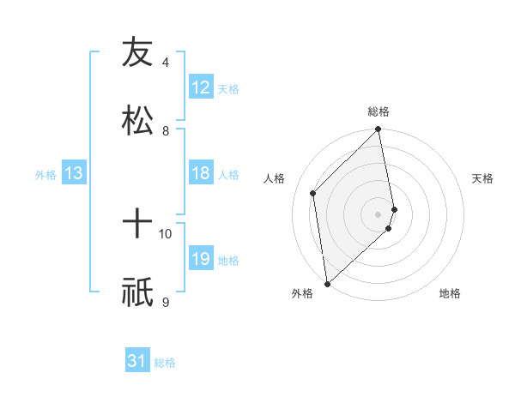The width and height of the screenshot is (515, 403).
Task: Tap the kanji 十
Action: click(x=137, y=225)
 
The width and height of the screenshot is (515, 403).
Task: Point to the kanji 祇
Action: click(x=137, y=292)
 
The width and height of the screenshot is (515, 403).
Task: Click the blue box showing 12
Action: click(x=201, y=87)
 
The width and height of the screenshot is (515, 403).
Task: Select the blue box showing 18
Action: click(x=201, y=174)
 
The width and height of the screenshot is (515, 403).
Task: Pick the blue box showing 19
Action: click(x=201, y=260)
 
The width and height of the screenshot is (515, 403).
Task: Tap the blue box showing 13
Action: click(x=74, y=174)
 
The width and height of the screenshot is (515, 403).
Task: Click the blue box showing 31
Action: click(x=137, y=362)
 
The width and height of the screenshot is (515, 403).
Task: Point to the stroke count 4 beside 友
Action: click(x=166, y=63)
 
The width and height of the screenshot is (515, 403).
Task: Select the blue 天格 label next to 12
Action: click(x=228, y=88)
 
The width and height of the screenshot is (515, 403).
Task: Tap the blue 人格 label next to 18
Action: click(x=228, y=175)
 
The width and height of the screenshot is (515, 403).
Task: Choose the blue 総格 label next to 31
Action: click(x=165, y=363)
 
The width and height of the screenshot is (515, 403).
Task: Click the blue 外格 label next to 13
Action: click(x=45, y=175)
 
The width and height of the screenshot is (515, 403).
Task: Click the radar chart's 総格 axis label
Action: click(x=379, y=111)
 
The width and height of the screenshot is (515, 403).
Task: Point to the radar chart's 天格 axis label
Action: click(x=483, y=178)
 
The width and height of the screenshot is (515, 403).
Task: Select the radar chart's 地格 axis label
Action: click(x=450, y=293)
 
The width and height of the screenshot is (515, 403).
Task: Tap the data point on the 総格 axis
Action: click(x=379, y=130)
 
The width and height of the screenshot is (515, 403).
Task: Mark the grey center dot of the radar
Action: click(x=379, y=214)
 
